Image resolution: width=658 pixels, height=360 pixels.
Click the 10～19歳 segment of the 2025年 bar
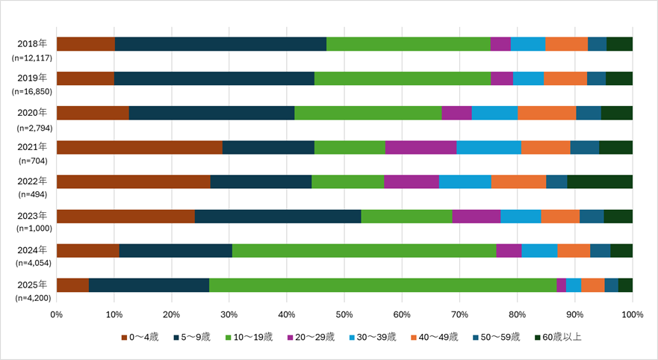382,285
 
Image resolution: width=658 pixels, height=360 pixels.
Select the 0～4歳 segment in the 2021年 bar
139,147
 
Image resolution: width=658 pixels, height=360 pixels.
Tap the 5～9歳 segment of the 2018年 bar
220,43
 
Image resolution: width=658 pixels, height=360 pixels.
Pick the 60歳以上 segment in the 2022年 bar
600,181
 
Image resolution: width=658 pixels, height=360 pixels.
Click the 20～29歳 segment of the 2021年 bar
420,147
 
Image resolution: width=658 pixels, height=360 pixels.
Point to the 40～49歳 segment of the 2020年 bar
547,113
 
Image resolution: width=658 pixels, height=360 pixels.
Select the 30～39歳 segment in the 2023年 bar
521,216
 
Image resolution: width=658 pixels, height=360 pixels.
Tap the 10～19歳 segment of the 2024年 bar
364,250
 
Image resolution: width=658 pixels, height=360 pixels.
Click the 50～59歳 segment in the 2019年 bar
596,78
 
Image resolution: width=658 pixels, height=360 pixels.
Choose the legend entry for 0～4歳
140,337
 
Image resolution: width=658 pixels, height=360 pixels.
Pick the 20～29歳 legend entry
314,337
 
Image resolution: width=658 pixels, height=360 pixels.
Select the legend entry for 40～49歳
436,337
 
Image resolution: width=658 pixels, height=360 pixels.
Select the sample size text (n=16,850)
31,91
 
